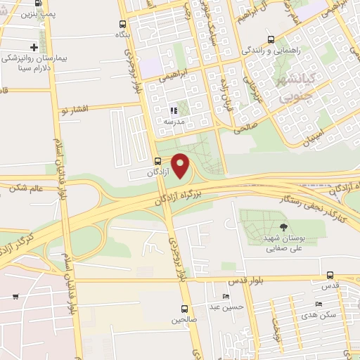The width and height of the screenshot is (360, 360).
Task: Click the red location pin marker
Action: pyautogui.click(x=181, y=166)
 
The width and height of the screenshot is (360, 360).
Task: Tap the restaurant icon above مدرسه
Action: pyautogui.click(x=174, y=110)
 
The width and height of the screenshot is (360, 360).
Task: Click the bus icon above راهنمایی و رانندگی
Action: pyautogui.click(x=271, y=40)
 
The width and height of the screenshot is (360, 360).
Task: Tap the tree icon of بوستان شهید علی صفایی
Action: pyautogui.click(x=283, y=226)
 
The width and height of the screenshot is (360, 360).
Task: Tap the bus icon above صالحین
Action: pyautogui.click(x=184, y=309)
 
